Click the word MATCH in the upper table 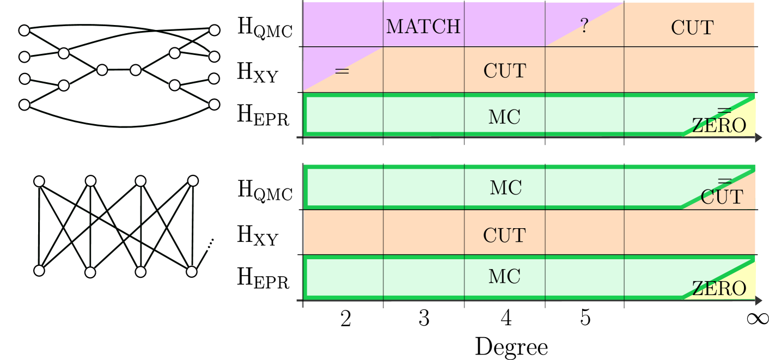point(423,26)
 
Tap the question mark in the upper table point(584,26)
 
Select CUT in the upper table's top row point(692,27)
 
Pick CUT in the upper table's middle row point(504,71)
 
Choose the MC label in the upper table point(504,117)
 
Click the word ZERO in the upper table point(719,126)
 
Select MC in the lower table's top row point(505,188)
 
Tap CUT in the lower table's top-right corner point(722,197)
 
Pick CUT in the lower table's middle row point(504,236)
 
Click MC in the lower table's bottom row point(504,277)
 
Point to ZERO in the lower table point(719,289)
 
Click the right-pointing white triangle point(81,69)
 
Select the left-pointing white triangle point(157,69)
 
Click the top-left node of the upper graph point(25,30)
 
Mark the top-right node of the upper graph point(215,30)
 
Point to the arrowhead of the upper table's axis point(758,138)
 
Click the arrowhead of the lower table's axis point(758,300)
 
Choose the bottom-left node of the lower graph point(39,271)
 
